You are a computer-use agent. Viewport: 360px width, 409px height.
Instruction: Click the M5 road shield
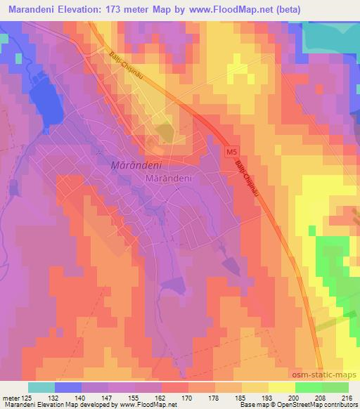pyautogui.click(x=231, y=151)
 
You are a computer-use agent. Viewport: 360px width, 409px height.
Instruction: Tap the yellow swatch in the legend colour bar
pyautogui.click(x=281, y=387)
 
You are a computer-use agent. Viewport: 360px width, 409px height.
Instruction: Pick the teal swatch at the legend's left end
pyautogui.click(x=41, y=387)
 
